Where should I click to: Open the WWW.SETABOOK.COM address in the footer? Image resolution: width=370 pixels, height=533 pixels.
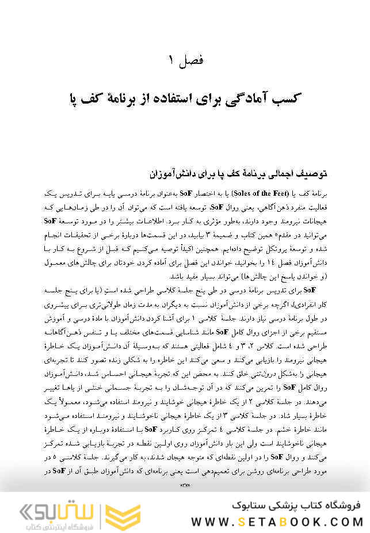pos(277,521)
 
